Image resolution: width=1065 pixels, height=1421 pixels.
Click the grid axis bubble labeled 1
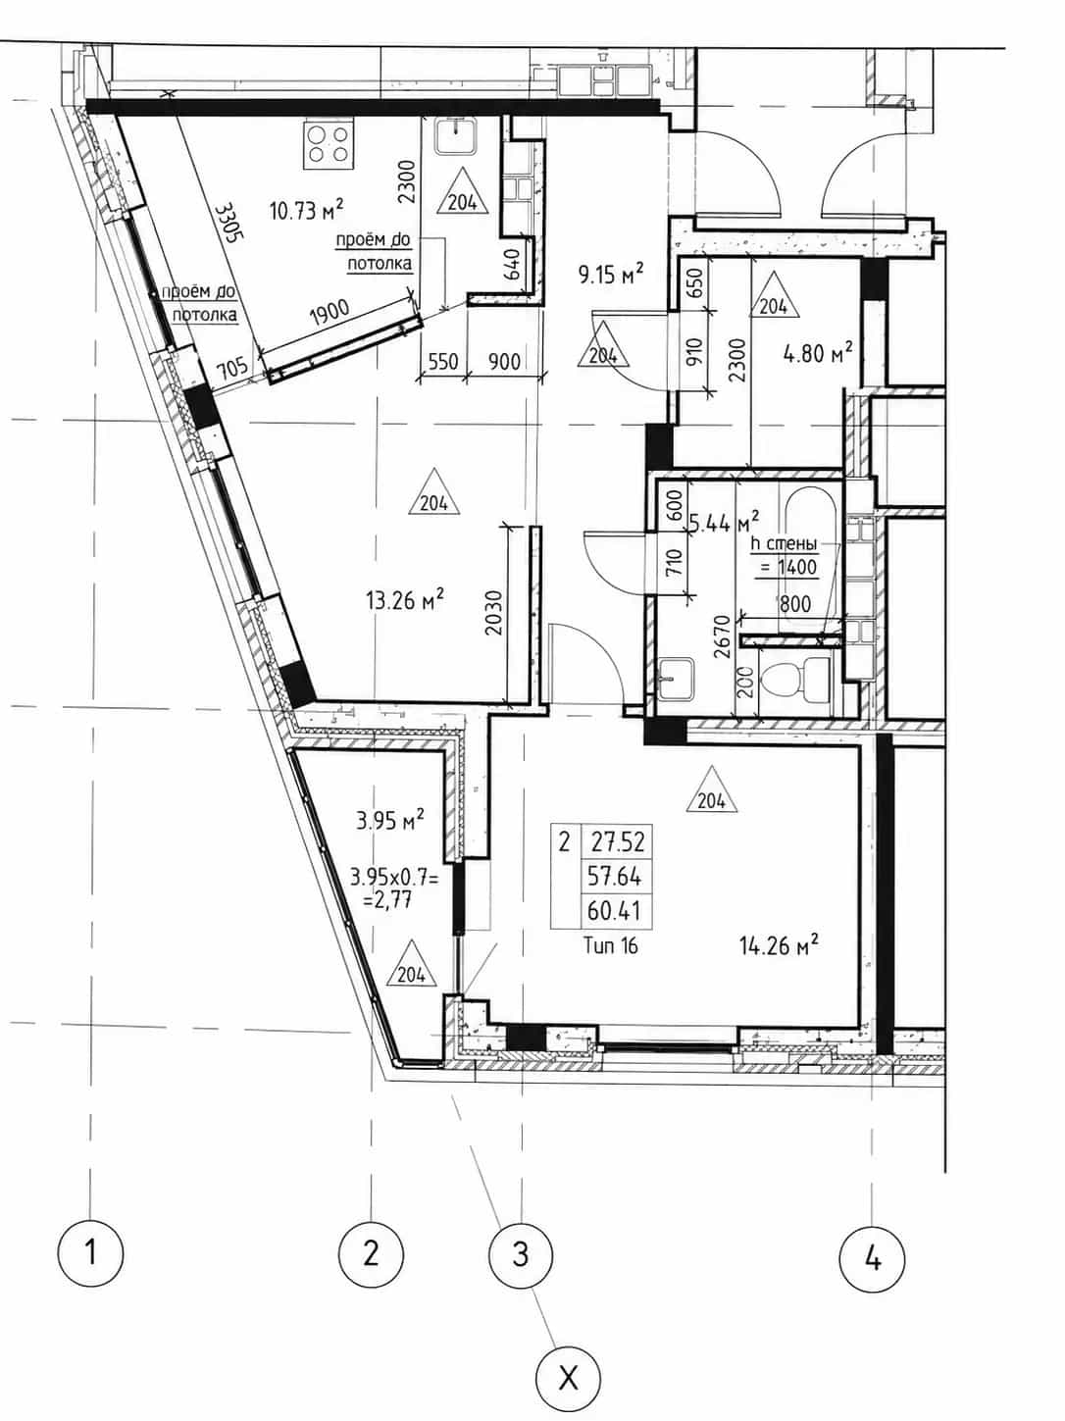click(x=90, y=1253)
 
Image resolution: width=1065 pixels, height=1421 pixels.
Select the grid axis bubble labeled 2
click(x=371, y=1253)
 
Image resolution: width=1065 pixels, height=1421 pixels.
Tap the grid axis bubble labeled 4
click(x=872, y=1260)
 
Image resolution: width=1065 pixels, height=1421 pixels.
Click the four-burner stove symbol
click(x=329, y=144)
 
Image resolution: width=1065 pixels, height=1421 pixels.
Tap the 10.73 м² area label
click(x=306, y=210)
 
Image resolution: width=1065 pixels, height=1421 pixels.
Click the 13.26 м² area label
click(x=405, y=600)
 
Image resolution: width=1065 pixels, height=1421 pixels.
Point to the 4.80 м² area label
click(x=817, y=353)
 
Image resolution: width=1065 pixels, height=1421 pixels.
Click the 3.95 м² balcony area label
click(x=389, y=822)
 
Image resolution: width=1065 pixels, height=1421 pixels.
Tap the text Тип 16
click(x=611, y=945)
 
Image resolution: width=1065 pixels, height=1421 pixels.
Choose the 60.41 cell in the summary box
click(x=614, y=911)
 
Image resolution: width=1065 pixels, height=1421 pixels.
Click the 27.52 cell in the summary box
click(x=617, y=841)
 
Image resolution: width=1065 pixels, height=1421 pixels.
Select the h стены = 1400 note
click(x=784, y=556)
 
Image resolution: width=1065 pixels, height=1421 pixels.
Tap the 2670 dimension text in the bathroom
click(x=722, y=636)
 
